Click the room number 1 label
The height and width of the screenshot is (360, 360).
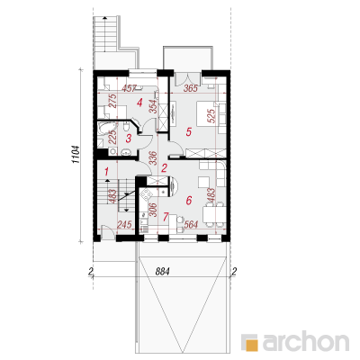(x=106, y=171)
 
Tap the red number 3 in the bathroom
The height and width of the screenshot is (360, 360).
(x=129, y=139)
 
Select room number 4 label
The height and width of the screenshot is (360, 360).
(x=139, y=103)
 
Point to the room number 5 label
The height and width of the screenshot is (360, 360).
(x=188, y=131)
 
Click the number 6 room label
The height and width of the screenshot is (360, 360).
(x=188, y=200)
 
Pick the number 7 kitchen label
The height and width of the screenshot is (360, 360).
(x=166, y=217)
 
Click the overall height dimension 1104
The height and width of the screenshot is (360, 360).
(x=76, y=155)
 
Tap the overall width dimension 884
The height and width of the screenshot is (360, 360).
(x=163, y=272)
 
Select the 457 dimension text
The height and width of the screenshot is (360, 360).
(x=130, y=88)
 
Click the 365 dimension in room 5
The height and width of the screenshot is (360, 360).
(x=190, y=88)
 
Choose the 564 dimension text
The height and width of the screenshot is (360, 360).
(x=190, y=224)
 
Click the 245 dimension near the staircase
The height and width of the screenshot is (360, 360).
(x=124, y=224)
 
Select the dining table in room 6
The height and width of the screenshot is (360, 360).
(x=213, y=214)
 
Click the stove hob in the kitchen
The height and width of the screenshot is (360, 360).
(x=146, y=195)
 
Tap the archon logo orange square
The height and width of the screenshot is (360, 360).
(x=251, y=344)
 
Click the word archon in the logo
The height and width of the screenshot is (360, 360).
(x=306, y=341)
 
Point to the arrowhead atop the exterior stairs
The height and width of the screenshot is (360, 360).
(x=104, y=18)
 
